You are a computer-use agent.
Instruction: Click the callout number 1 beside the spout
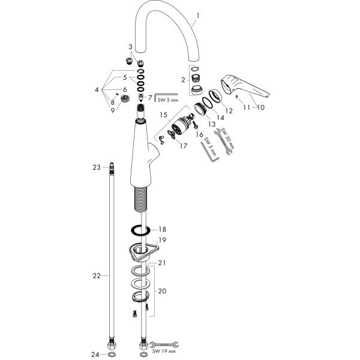197,16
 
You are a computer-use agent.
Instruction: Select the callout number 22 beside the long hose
97,275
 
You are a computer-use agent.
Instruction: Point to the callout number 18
162,229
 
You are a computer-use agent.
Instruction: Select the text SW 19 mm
164,351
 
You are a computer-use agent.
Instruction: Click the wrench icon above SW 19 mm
164,344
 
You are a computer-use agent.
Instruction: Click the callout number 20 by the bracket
162,291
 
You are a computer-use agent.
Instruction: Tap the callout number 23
97,167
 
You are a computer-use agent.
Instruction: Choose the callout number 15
163,115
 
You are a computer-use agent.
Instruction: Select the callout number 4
97,89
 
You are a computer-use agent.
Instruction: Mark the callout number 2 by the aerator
183,80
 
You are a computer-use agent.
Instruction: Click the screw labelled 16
195,124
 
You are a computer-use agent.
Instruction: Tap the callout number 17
184,146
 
